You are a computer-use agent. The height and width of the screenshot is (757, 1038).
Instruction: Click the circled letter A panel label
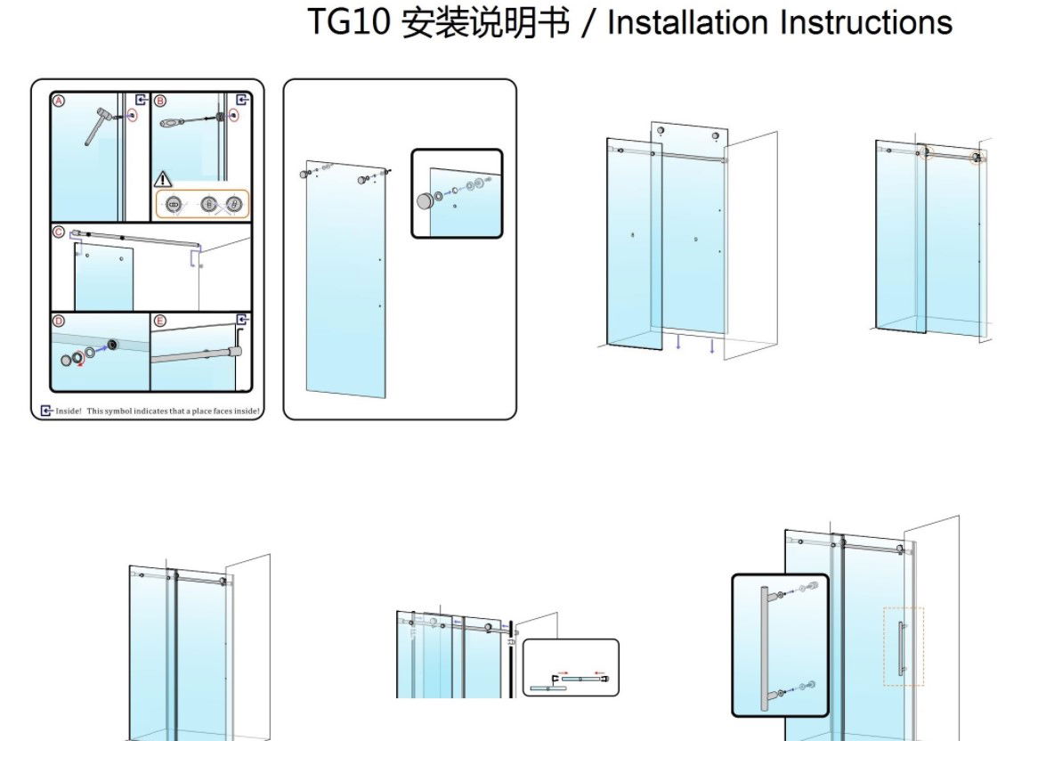click(60, 101)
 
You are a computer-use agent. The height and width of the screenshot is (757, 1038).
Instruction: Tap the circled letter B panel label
click(161, 101)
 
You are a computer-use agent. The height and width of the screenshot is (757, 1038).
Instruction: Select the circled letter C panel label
click(60, 232)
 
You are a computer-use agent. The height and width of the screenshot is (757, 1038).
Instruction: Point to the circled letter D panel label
click(60, 321)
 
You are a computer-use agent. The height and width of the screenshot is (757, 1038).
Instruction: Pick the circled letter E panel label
click(160, 321)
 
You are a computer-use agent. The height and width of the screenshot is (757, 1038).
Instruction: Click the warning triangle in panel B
click(165, 179)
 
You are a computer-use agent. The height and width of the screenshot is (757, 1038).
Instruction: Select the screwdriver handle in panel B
click(173, 122)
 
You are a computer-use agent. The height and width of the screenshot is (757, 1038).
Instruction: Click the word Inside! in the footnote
click(69, 411)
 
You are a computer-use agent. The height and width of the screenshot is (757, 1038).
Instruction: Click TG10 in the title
click(349, 22)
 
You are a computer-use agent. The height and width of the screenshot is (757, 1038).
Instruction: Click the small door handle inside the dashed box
click(901, 646)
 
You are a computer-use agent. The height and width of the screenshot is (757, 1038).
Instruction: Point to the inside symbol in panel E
click(242, 320)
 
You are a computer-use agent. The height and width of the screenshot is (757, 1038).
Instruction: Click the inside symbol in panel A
click(140, 100)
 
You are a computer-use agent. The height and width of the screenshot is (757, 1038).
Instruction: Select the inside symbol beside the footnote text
click(46, 411)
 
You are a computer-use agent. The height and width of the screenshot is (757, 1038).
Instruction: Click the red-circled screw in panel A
click(133, 115)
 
